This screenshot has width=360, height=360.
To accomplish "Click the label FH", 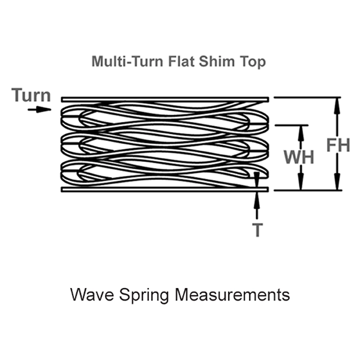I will point(338,145).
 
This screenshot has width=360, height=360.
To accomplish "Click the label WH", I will point(299,157).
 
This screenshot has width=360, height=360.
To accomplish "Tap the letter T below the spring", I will point(257,230).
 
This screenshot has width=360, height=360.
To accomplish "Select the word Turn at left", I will point(31,95).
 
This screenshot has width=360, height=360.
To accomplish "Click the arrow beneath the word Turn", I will point(40,109).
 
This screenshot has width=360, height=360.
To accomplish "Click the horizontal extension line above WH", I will point(290,125).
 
